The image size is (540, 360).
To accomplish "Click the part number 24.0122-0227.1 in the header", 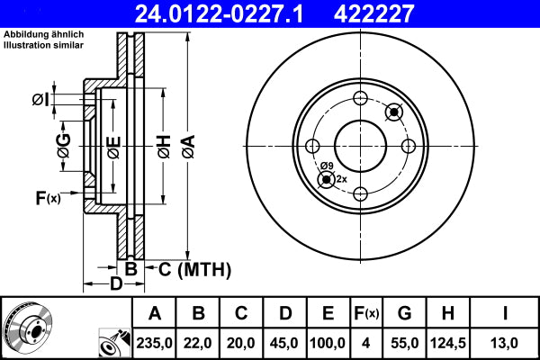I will pos(232,13).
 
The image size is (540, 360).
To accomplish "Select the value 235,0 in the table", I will pos(155,343).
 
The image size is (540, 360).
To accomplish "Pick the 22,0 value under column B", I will pos(199,343).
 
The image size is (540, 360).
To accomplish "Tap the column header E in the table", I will pos(328,313).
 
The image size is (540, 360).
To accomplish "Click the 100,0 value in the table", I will pos(328,343).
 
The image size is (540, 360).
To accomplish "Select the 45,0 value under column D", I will pos(284,343).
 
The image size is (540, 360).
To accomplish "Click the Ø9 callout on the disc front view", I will pos(327,166).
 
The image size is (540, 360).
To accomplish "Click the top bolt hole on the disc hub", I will pos(360,99).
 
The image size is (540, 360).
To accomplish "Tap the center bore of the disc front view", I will pos(360,146).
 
